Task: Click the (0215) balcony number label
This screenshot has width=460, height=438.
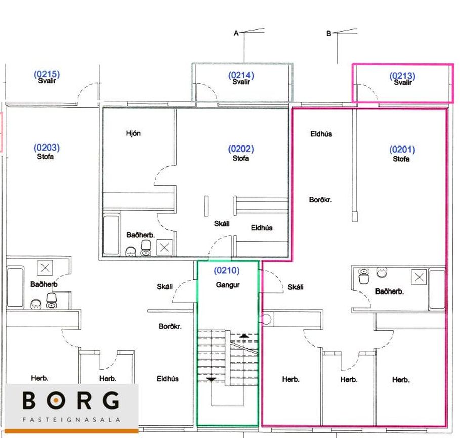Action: coord(47,74)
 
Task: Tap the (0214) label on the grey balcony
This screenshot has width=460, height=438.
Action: coord(241,75)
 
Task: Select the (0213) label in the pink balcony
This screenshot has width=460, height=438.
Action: coord(402,76)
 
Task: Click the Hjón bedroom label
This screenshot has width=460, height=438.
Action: coord(133,133)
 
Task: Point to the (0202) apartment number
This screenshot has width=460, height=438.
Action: coord(241,149)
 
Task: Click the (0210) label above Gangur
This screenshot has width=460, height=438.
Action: coord(227,270)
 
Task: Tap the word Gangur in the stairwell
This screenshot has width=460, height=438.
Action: coord(228,285)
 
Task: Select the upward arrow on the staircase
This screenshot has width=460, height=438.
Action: coord(244,336)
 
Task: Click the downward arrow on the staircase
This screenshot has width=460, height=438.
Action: coord(211,379)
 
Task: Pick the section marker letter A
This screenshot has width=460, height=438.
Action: coord(236,33)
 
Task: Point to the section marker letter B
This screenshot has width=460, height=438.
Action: coord(329,34)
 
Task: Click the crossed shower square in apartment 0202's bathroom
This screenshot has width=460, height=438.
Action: coord(164,248)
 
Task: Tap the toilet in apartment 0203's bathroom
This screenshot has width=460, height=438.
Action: coord(51,301)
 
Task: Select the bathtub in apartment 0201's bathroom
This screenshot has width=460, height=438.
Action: coord(437,289)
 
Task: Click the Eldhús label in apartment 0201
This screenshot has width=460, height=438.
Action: coord(321,134)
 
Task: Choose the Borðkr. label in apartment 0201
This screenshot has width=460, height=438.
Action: coord(320,200)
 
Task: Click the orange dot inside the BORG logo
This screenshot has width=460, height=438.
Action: coord(56,400)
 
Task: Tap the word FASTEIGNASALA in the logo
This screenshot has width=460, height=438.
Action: coord(71,420)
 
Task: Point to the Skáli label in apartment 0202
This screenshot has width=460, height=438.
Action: coord(222,224)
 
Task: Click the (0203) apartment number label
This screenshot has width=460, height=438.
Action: coord(47,148)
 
